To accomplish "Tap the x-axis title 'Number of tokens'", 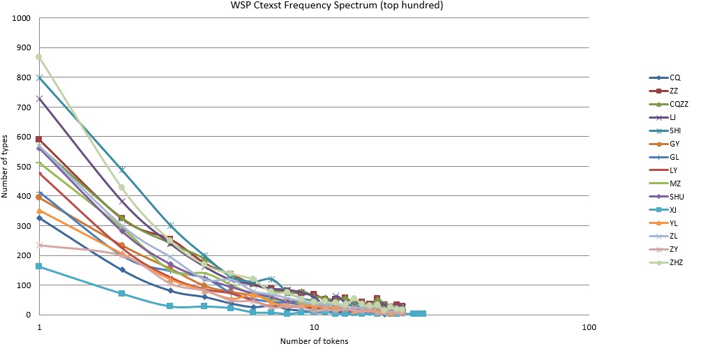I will (314, 341).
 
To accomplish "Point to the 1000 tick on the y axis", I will (21, 17).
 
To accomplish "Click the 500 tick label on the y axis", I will (23, 166).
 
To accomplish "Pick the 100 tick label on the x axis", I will (589, 326).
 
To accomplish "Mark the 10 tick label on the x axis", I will (314, 326).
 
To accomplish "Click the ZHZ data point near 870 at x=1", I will (39, 57).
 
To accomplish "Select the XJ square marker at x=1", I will (39, 267).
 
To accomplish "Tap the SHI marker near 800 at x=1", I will (39, 77).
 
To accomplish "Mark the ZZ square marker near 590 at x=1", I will (39, 140).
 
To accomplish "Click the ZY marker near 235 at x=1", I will (39, 245).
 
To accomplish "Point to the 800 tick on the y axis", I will (23, 77).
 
